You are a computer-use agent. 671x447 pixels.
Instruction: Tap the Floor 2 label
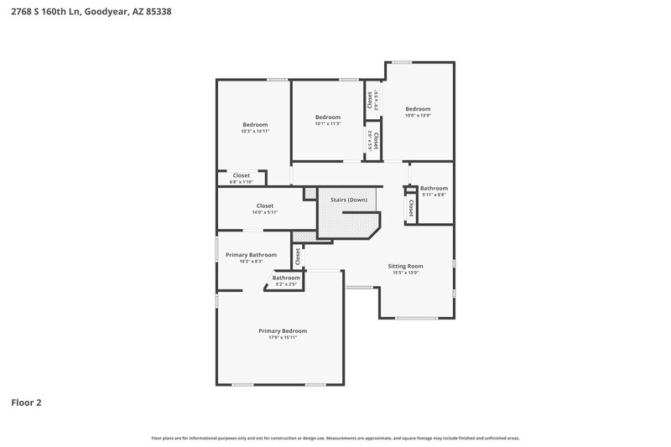(26, 402)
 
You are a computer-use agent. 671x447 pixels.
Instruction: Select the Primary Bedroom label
(282, 330)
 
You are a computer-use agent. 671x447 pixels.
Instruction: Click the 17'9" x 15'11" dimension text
(282, 337)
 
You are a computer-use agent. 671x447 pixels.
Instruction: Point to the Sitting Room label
(405, 265)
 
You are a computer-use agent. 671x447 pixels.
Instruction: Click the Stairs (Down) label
(347, 200)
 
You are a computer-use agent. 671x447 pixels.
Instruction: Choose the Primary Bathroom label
(251, 254)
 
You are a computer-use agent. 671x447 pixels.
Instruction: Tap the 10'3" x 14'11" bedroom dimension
(255, 131)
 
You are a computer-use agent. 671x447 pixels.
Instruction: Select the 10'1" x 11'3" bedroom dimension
(327, 123)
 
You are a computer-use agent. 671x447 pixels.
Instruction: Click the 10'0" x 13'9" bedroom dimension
(418, 115)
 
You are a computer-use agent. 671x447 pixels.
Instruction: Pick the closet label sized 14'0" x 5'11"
(264, 205)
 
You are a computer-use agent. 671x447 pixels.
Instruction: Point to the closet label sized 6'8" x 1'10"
(241, 175)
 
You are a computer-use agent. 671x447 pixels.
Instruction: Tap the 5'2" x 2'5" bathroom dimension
(286, 284)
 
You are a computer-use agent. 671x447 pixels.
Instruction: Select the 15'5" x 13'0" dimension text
(405, 272)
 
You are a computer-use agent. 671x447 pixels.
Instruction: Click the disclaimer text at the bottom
(335, 438)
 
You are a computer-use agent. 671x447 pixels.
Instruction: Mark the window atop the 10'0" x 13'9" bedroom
(402, 62)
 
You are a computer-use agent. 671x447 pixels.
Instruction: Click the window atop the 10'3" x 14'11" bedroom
(278, 80)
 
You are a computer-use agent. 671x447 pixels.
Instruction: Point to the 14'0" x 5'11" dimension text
(264, 212)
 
